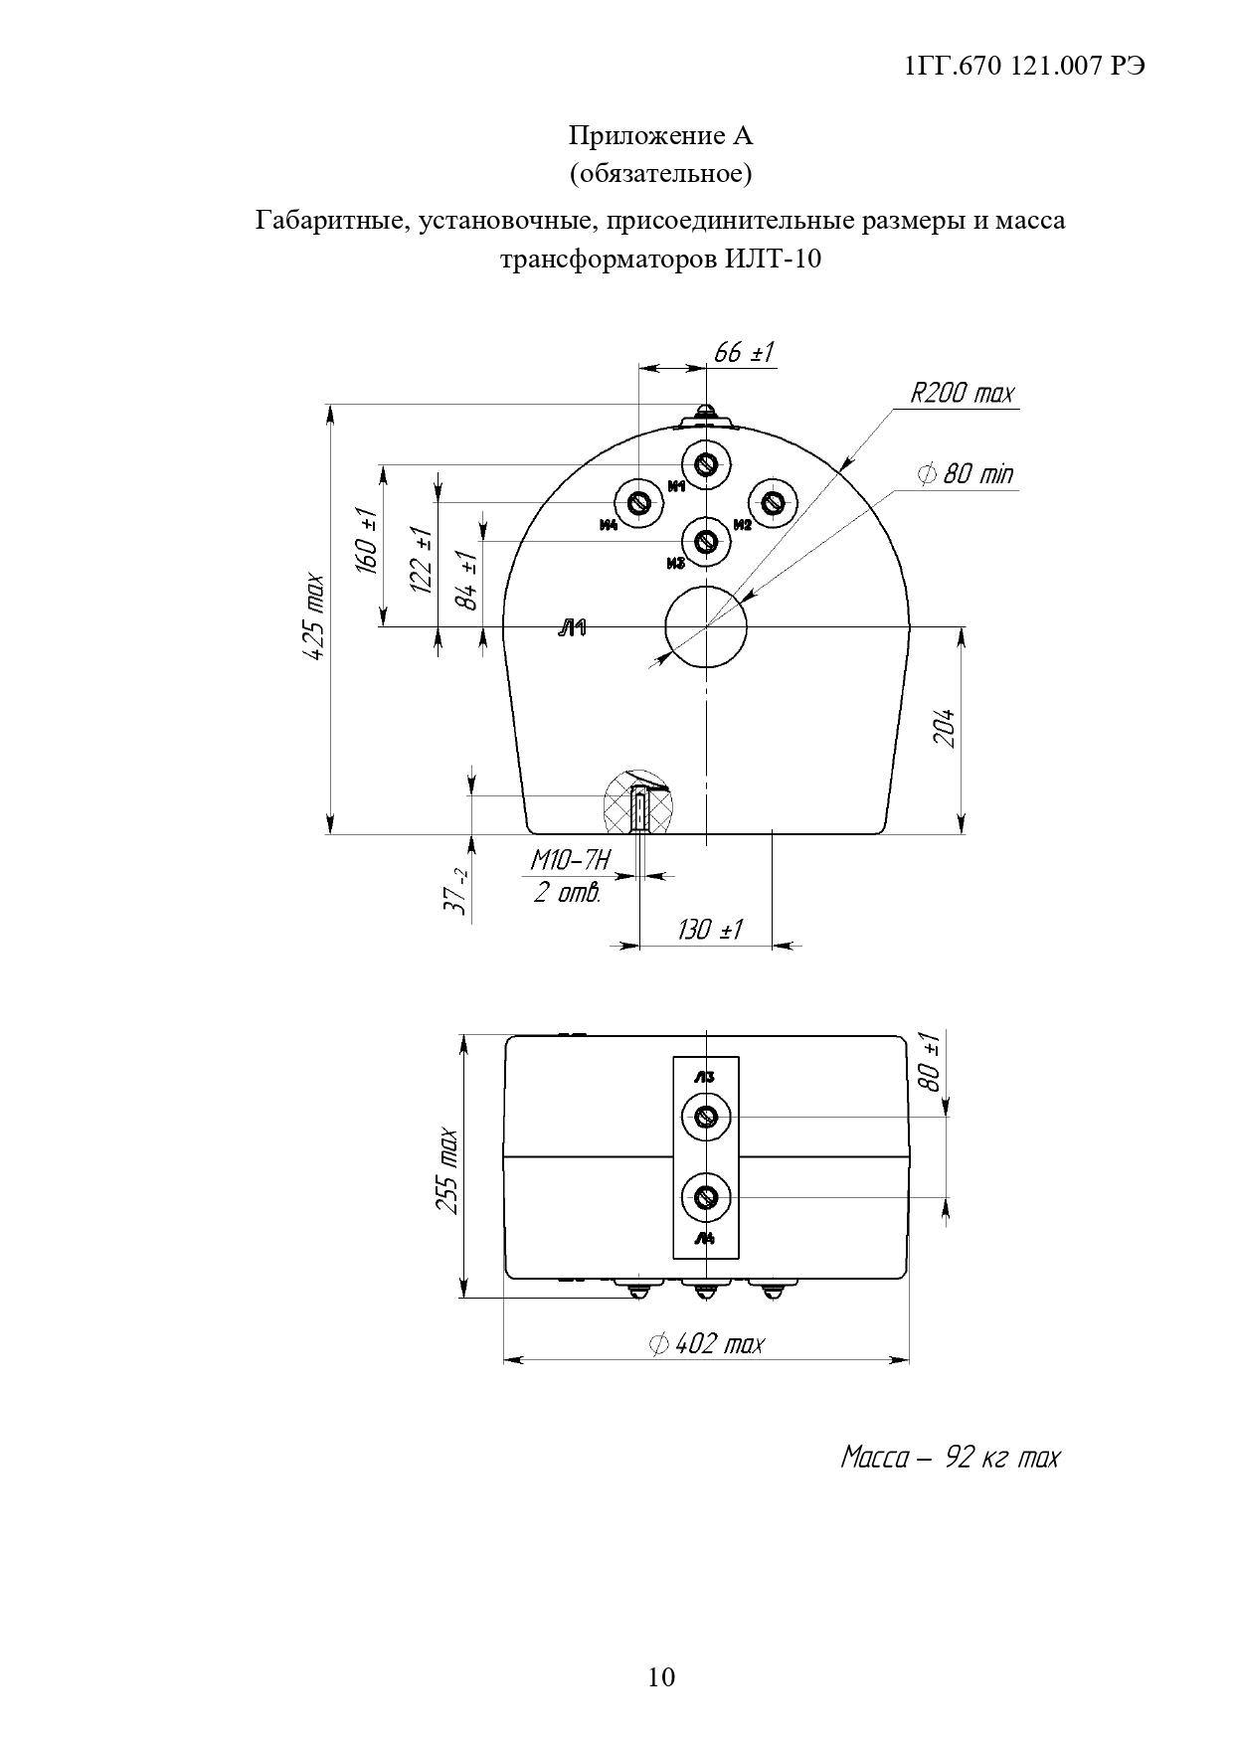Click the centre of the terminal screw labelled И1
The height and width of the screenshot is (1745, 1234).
pyautogui.click(x=706, y=464)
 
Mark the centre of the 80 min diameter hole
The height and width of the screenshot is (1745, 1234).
pyautogui.click(x=706, y=626)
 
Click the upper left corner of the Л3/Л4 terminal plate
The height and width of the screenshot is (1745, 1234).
pyautogui.click(x=673, y=1056)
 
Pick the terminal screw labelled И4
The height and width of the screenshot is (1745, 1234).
pyautogui.click(x=639, y=503)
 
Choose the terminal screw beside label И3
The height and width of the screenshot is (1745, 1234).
pyautogui.click(x=706, y=542)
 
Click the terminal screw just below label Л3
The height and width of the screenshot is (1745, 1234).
pyautogui.click(x=706, y=1117)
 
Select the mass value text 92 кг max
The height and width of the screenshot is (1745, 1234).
pyautogui.click(x=1002, y=1458)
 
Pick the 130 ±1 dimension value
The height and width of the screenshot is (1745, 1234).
pyautogui.click(x=710, y=930)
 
